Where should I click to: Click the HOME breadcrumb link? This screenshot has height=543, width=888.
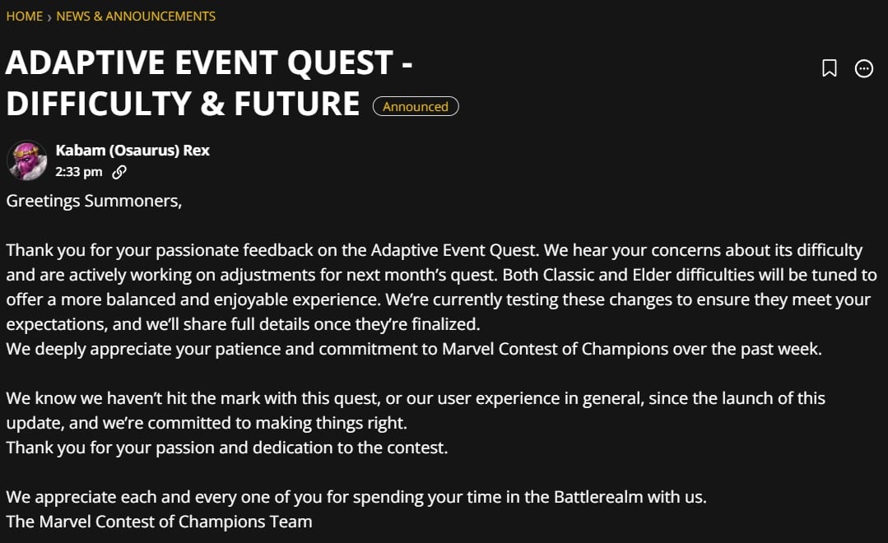pos(25,16)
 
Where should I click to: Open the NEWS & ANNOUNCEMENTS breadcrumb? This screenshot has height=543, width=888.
pos(136,16)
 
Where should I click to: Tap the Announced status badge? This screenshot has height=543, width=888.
pos(416,106)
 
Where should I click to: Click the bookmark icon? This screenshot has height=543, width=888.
pos(829,68)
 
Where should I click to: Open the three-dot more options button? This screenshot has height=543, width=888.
pos(863,68)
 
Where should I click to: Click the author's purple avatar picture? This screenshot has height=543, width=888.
pos(26,160)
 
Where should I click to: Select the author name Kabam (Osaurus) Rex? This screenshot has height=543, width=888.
pos(133,150)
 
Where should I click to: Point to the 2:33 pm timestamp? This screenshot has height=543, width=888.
pos(79,172)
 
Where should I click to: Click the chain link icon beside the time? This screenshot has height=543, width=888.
pos(119,172)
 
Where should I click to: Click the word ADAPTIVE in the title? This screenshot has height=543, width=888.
pos(85,63)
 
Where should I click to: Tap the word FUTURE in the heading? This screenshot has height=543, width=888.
pos(297,104)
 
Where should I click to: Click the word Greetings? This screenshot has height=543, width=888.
pos(43,201)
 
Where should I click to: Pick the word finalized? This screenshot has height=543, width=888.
pos(446,324)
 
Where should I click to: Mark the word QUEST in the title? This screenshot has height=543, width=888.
pos(340,63)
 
